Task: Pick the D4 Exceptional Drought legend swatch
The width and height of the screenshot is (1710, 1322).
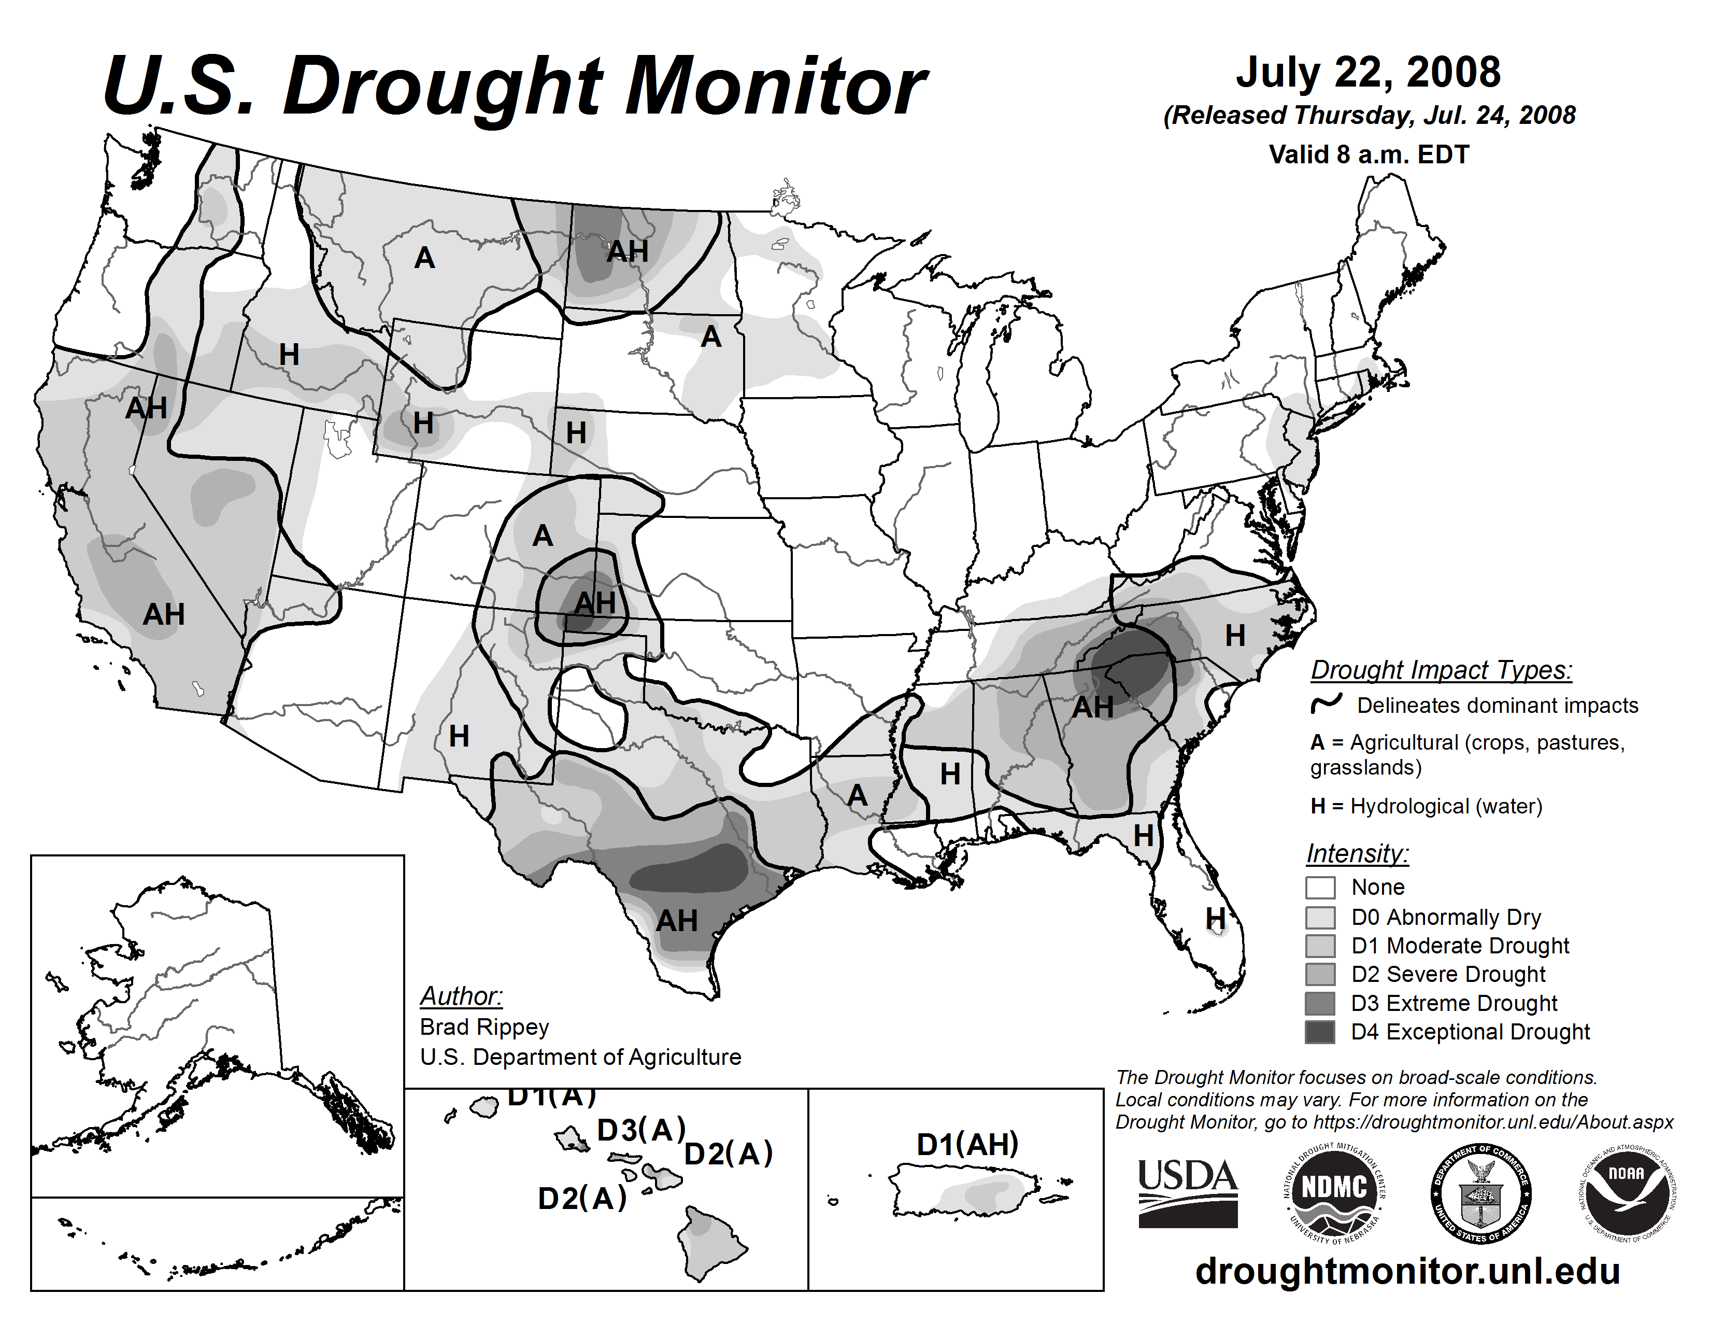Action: (x=1320, y=1032)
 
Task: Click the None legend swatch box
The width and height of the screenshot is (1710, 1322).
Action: (x=1320, y=888)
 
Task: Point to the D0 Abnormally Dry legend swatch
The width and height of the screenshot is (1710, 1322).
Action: (x=1320, y=917)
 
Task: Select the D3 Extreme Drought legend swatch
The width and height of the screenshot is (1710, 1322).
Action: (x=1320, y=1003)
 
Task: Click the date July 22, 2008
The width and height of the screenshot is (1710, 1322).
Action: (x=1368, y=72)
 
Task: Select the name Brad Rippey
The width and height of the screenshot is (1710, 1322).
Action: (x=484, y=1026)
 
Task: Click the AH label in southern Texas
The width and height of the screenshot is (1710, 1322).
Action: (x=676, y=920)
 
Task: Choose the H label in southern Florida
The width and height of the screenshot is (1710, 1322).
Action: (x=1215, y=917)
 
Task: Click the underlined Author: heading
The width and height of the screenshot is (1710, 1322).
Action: (x=461, y=996)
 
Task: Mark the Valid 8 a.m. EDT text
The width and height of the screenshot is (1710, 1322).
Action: (x=1369, y=154)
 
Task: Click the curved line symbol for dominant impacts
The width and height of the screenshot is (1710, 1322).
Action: (x=1327, y=704)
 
